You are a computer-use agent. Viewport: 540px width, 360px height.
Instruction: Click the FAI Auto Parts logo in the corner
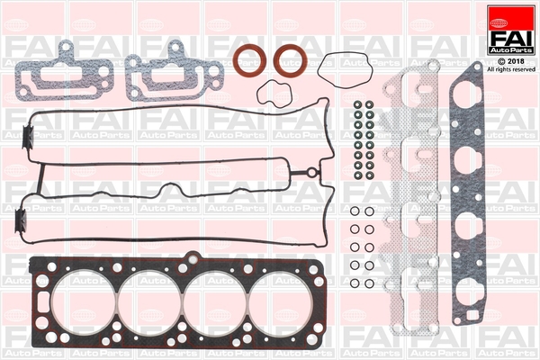point(511,30)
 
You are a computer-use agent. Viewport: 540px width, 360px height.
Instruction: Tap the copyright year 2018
point(515,61)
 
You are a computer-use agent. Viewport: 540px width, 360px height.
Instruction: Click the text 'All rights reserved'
point(511,69)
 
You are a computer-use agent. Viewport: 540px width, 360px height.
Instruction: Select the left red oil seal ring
point(250,60)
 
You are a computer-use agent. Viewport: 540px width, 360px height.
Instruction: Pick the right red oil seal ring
point(291,60)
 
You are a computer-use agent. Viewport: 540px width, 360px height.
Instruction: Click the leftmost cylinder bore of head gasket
point(84,302)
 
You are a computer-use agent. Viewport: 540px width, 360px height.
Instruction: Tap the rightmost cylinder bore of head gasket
point(281,302)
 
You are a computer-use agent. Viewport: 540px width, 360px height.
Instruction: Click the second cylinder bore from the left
point(150,302)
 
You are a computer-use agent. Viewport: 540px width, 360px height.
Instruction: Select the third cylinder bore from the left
point(216,302)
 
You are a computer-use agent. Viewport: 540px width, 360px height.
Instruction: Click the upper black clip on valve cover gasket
point(28,137)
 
